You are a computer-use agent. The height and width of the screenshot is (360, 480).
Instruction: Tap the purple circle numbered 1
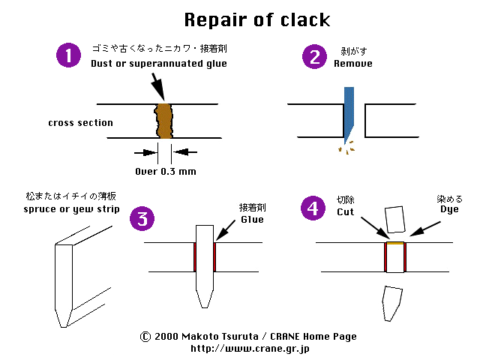(69, 55)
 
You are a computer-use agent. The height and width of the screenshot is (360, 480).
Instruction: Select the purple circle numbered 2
(313, 56)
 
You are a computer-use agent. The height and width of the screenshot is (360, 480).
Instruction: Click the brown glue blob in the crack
(165, 120)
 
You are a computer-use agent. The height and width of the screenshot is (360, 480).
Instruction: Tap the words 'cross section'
(80, 122)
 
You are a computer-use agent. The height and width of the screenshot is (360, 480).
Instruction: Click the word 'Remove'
(352, 64)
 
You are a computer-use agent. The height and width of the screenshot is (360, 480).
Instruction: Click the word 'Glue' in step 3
(252, 219)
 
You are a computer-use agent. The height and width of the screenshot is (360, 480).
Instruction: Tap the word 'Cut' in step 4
(346, 212)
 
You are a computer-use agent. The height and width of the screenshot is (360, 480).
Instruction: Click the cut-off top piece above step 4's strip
(394, 220)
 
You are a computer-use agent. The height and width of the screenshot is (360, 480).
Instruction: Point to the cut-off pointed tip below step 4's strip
(391, 303)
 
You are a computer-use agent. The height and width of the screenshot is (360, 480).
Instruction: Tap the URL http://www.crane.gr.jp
(250, 348)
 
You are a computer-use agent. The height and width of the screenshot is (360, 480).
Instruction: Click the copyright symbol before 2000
(145, 337)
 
